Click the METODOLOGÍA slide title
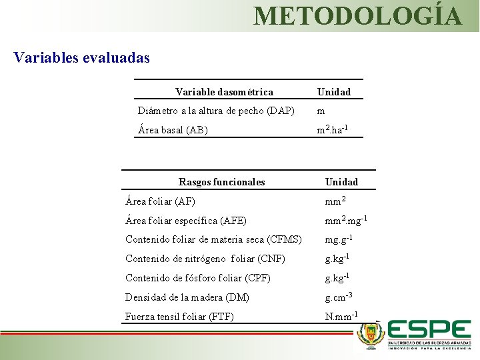pyautogui.click(x=357, y=15)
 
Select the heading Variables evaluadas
pyautogui.click(x=81, y=57)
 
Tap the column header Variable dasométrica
pyautogui.click(x=224, y=91)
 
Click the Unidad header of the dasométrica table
pyautogui.click(x=334, y=91)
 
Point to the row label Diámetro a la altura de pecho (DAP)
pyautogui.click(x=216, y=111)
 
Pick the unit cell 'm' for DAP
pyautogui.click(x=321, y=111)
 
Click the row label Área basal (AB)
pyautogui.click(x=173, y=130)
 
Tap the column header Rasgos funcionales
pyautogui.click(x=222, y=182)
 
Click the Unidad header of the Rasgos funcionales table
pyautogui.click(x=341, y=182)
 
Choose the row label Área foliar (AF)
pyautogui.click(x=160, y=201)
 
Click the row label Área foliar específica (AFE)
pyautogui.click(x=186, y=221)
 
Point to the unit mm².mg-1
pyautogui.click(x=346, y=219)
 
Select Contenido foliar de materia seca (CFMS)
pyautogui.click(x=213, y=240)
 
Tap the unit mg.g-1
pyautogui.click(x=339, y=239)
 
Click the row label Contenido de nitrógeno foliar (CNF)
pyautogui.click(x=205, y=259)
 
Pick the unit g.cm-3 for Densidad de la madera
pyautogui.click(x=339, y=296)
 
